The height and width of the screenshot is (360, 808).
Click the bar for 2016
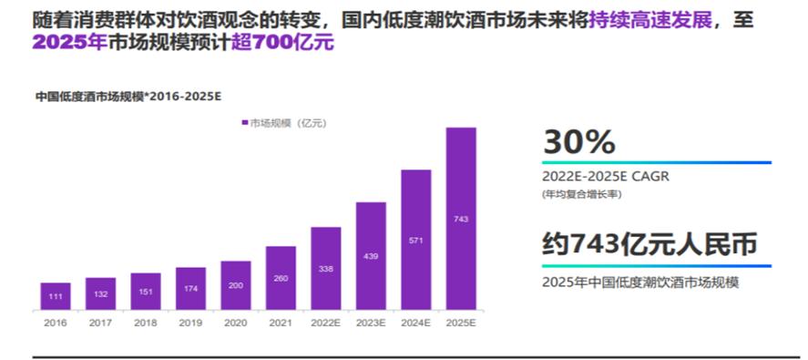coord(55,296)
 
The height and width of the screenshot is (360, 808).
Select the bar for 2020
coord(235,285)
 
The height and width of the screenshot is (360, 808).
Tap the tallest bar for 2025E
coord(461,219)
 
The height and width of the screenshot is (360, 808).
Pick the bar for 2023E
coord(371,256)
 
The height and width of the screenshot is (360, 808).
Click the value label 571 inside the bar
coord(415,241)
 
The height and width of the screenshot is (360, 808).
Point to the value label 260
coord(281,279)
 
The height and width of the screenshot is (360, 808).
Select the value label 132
coord(100,293)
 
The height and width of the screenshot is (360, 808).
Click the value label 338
coord(325,269)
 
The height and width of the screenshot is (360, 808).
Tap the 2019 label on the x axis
coord(190,323)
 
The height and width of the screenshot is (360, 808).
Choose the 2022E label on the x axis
coord(325,323)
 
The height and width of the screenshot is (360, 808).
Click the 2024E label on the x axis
coord(415,323)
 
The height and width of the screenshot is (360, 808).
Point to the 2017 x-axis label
coord(100,323)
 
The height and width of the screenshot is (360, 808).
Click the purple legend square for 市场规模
coord(245,122)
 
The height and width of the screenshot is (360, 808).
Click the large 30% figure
coord(578,142)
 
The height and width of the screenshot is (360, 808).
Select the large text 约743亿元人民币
coord(649,244)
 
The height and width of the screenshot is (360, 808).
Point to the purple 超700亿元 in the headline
coord(282,42)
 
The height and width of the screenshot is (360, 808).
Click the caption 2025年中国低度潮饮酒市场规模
coord(639,283)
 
